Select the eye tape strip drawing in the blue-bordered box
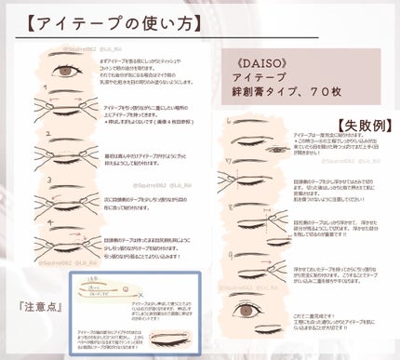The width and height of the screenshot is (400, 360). [x=131, y=286]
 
